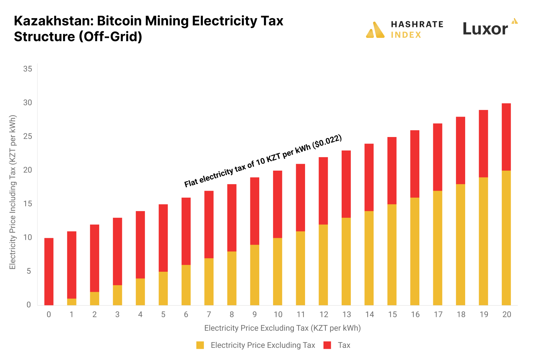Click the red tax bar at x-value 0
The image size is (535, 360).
click(x=49, y=271)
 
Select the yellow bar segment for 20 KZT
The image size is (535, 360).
click(x=506, y=238)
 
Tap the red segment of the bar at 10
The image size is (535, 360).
click(x=277, y=204)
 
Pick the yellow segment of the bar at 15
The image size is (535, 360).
click(x=392, y=255)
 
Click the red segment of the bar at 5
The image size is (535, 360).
click(x=163, y=238)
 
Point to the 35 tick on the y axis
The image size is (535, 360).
click(x=28, y=69)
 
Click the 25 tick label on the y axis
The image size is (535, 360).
click(x=28, y=136)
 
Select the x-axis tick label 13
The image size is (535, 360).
click(x=347, y=315)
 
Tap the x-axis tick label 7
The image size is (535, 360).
click(x=209, y=315)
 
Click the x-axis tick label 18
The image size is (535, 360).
click(x=461, y=315)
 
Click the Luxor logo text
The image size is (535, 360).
click(x=485, y=29)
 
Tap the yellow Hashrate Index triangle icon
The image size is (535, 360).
click(x=375, y=30)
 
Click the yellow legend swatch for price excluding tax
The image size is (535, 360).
click(x=200, y=345)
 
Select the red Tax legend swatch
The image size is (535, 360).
click(x=327, y=345)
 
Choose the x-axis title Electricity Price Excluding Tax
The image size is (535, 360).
click(x=282, y=328)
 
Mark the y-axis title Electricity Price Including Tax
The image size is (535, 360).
click(x=13, y=192)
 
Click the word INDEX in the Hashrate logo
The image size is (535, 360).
click(x=406, y=35)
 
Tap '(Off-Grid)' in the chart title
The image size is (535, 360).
click(x=110, y=37)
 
